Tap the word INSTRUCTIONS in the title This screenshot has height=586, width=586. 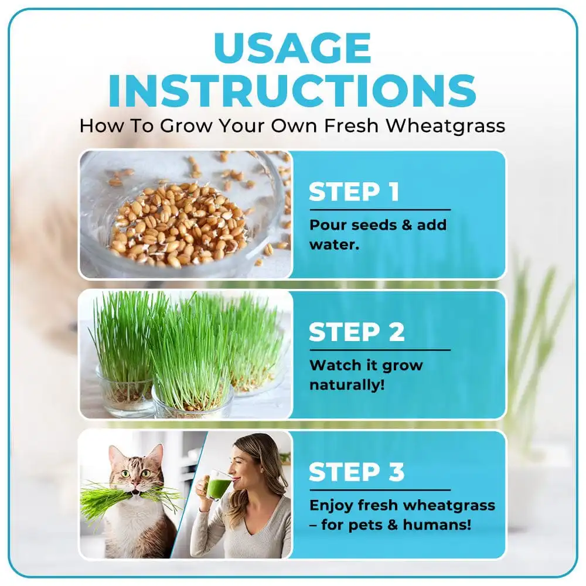pos(292,91)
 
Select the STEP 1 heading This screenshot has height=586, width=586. pos(354,192)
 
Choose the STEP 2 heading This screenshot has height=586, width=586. pos(356,332)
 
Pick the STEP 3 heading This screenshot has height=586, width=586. pos(356,472)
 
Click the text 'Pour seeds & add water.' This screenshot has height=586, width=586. pos(378,233)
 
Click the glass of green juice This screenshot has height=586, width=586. pos(218,486)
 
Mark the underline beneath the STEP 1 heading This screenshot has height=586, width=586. pos(380,209)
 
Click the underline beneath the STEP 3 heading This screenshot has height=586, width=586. pos(380,490)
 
